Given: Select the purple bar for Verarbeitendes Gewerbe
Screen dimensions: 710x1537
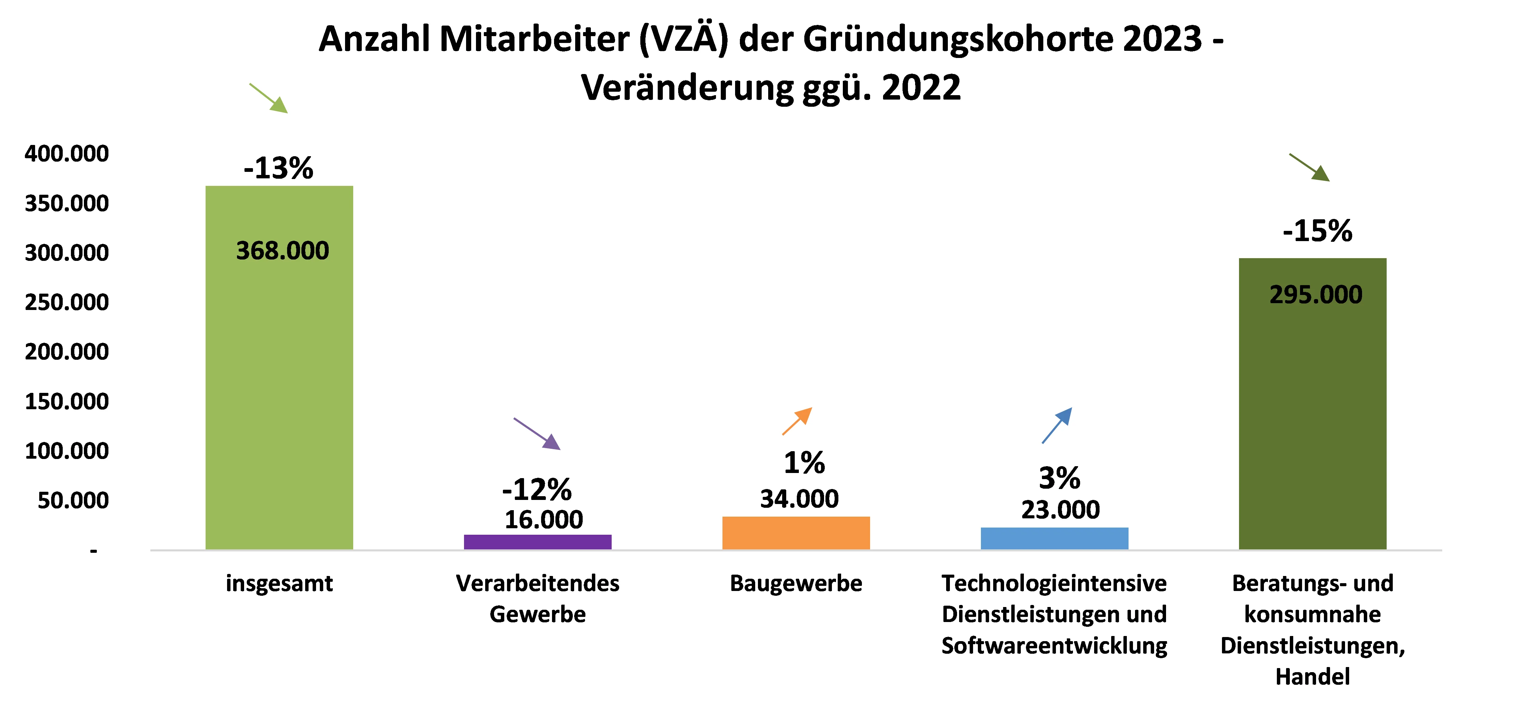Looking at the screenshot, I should (538, 542).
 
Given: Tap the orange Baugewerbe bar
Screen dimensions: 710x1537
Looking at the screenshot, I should (796, 533).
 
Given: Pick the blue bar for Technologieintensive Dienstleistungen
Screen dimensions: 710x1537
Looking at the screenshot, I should (1054, 538).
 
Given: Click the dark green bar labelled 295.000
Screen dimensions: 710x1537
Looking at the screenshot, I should (1313, 418).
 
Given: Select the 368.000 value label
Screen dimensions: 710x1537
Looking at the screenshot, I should (282, 251).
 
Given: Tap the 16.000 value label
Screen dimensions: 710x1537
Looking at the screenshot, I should (543, 520).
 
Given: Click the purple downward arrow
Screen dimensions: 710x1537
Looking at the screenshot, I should (537, 434).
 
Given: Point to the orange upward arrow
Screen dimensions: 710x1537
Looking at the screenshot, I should (797, 420).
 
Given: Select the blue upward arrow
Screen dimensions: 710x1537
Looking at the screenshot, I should (1057, 425).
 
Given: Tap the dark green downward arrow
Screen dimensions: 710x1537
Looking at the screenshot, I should (1309, 167).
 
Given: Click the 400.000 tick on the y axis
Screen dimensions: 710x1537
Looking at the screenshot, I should (67, 154).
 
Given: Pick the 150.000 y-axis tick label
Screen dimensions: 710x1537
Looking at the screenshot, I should (67, 401).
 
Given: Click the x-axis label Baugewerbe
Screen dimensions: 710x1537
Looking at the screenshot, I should (796, 583).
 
